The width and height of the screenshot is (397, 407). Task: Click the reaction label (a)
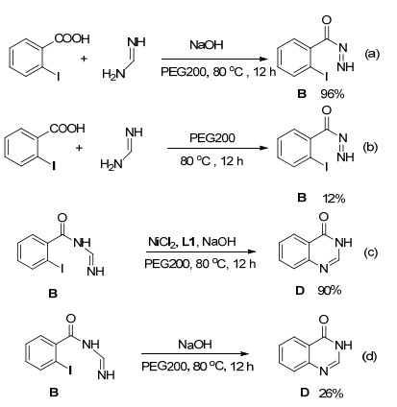372,55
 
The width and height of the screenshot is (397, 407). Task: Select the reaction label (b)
370,147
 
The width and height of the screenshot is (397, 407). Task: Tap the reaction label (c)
371,252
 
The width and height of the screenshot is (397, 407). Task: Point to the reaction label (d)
369,356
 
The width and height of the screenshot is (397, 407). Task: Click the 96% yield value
333,94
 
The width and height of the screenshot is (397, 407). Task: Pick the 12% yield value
334,199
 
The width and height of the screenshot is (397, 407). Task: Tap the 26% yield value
331,394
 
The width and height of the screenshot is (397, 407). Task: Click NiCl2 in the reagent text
162,242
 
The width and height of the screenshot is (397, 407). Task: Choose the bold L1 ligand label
188,242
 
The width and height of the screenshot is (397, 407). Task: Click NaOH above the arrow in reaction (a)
207,45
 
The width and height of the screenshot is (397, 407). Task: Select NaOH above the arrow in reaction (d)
195,345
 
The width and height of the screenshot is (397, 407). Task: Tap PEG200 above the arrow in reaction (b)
212,138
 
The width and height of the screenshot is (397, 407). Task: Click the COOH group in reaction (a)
72,38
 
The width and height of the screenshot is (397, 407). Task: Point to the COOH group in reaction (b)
67,129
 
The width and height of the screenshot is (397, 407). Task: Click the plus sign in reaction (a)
84,59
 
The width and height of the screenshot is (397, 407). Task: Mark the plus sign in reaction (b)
79,148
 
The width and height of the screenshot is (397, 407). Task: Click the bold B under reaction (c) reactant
53,294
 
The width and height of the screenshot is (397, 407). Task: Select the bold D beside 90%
300,291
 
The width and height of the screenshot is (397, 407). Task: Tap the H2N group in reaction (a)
113,75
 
